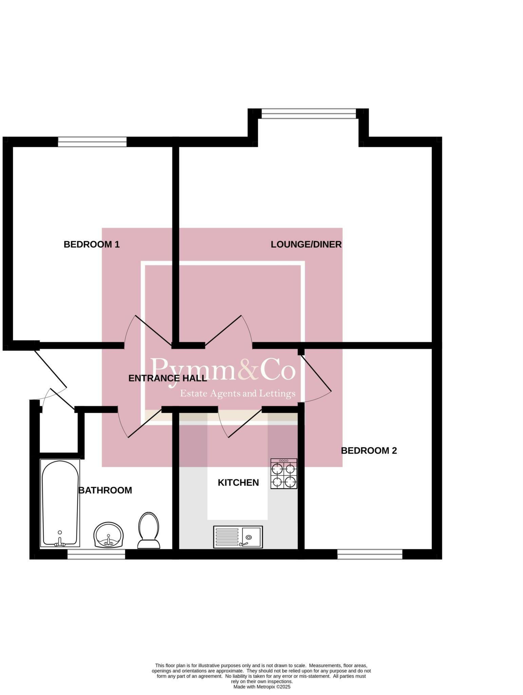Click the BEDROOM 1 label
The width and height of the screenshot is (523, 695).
[92, 244]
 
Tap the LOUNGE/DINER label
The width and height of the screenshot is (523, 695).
[306, 244]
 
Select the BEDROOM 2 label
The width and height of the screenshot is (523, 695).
[369, 451]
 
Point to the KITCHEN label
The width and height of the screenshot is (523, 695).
[238, 483]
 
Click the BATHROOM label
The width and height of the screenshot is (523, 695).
[105, 490]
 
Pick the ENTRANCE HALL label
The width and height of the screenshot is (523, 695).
[168, 378]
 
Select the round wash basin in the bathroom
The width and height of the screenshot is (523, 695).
[109, 535]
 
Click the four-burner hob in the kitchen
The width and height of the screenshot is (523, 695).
[284, 474]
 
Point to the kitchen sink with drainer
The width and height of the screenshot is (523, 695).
[238, 537]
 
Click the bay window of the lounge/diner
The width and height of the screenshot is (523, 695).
[309, 113]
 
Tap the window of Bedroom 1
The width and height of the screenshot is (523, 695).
[92, 142]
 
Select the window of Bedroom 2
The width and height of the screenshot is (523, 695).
[370, 554]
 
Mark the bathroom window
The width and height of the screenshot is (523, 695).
[96, 554]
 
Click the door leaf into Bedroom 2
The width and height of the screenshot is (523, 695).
[316, 370]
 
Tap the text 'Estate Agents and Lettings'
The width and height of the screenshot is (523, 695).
[238, 394]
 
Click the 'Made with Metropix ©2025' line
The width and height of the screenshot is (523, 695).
[262, 686]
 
